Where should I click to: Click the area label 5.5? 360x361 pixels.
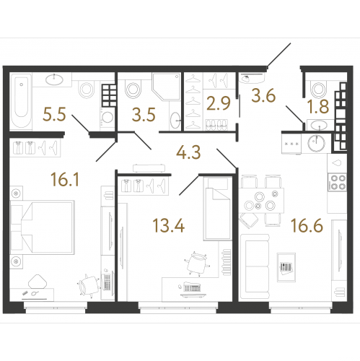[x=54, y=114]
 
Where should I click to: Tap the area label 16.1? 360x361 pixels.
[x=65, y=180]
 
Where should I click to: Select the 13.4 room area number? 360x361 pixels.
[x=169, y=226]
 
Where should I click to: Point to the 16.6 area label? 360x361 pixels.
[x=307, y=226]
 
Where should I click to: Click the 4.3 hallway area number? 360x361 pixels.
[x=188, y=152]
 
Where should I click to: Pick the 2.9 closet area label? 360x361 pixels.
[x=219, y=104]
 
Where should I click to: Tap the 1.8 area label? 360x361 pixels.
[x=318, y=107]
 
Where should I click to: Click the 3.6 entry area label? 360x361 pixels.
[x=263, y=96]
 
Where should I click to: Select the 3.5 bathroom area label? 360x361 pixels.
[x=144, y=115]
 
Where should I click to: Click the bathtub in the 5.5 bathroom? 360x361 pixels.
[x=21, y=102]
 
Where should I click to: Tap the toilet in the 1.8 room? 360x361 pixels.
[x=319, y=89]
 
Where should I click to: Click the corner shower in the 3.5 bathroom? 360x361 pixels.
[x=166, y=87]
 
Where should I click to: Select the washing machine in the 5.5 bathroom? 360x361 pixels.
[x=107, y=117]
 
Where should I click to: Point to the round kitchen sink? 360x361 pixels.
[x=317, y=144]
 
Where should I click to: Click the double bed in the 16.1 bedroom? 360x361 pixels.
[x=43, y=227]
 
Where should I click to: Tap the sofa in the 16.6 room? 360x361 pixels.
[x=255, y=266]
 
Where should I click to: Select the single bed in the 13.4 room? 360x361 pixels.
[x=218, y=209]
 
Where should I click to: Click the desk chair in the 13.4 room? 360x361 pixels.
[x=196, y=263]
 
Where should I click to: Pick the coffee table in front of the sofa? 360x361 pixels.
[x=286, y=267]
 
